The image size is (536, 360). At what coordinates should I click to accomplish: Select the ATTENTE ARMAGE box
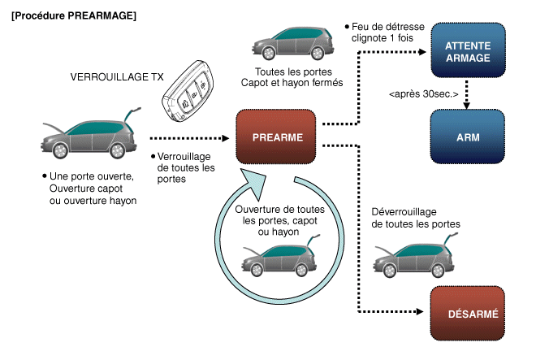[468, 50]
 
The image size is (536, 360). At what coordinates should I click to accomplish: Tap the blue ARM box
[468, 137]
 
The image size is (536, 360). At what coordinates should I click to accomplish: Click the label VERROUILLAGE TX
[111, 80]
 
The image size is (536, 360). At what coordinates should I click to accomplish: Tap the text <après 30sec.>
[424, 93]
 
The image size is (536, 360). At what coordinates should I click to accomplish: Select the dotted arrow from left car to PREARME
[192, 138]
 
